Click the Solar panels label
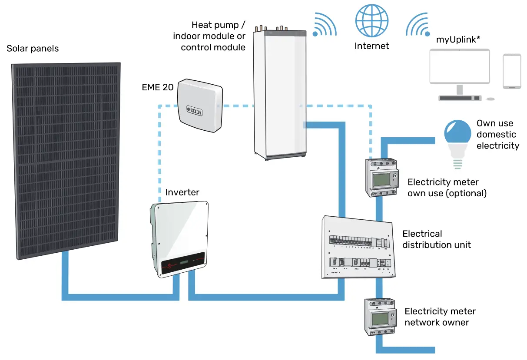[x=33, y=48]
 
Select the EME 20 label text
[x=158, y=87]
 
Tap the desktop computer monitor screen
[x=459, y=66]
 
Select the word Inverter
[x=182, y=192]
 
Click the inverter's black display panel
[x=182, y=264]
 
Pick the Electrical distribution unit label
[x=436, y=239]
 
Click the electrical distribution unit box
[x=359, y=248]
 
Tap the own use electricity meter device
[x=381, y=178]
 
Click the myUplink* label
[x=458, y=40]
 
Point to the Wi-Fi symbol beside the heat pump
[x=324, y=25]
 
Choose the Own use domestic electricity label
[x=497, y=135]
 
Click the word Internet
[x=371, y=46]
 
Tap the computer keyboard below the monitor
[x=460, y=99]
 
